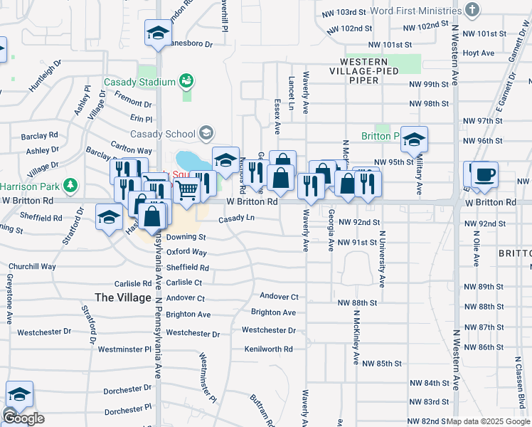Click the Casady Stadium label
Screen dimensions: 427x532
tap(139, 82)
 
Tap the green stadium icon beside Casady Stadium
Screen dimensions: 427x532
tap(186, 81)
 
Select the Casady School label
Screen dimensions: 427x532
tap(162, 134)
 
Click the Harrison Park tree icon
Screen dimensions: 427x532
tap(70, 186)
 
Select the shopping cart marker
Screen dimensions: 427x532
tap(186, 189)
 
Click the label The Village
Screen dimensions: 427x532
tap(123, 297)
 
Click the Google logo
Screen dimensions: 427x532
tap(23, 418)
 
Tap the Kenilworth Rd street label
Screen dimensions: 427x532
tap(268, 349)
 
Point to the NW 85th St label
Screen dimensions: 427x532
tap(382, 363)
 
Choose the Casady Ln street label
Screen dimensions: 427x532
tap(236, 218)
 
